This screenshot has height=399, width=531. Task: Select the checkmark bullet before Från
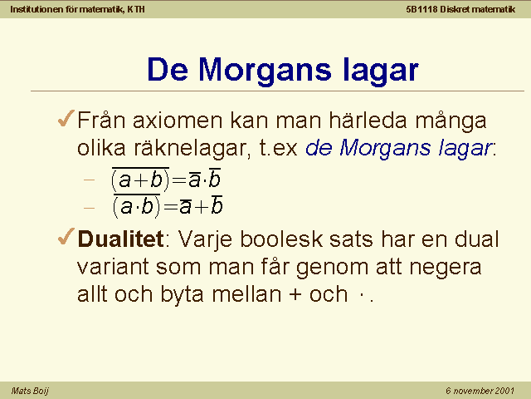pyautogui.click(x=66, y=118)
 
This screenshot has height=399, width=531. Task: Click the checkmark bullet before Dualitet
pyautogui.click(x=66, y=236)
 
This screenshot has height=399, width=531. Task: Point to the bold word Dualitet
pyautogui.click(x=121, y=239)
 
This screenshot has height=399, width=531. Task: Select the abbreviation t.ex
pyautogui.click(x=279, y=148)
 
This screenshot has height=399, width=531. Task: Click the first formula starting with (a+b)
pyautogui.click(x=166, y=180)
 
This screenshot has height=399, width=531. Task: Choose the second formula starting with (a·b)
pyautogui.click(x=168, y=206)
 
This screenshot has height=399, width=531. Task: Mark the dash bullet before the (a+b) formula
pyautogui.click(x=89, y=180)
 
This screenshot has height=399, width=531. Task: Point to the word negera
pyautogui.click(x=446, y=268)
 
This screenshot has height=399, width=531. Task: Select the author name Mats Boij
pyautogui.click(x=30, y=391)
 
